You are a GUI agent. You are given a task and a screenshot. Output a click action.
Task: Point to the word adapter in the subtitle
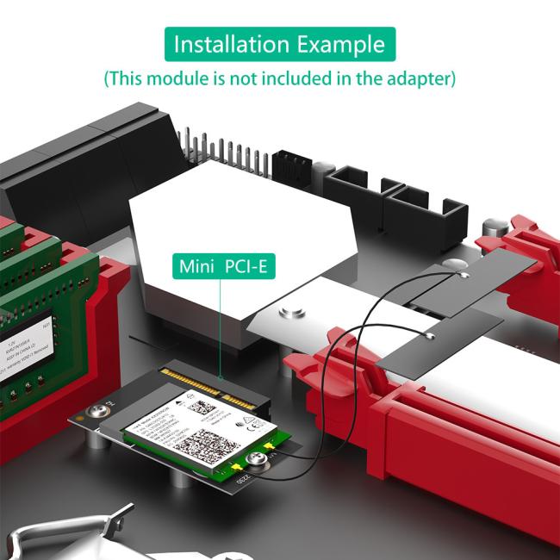point(422,79)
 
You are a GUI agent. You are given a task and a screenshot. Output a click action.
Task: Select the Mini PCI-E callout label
point(222,266)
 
